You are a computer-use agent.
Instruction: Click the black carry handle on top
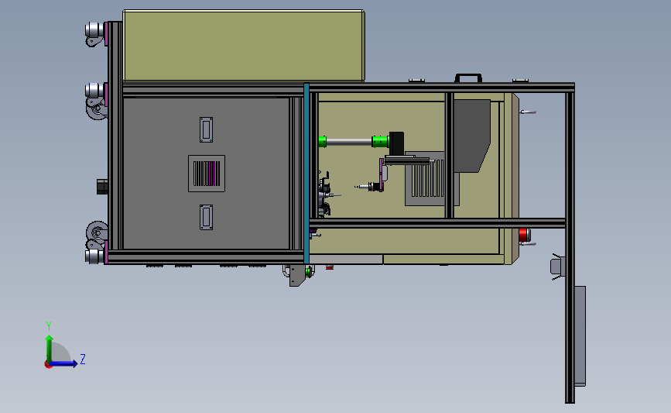click(468, 77)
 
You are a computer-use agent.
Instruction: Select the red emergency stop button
click(524, 235)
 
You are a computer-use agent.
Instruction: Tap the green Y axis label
click(48, 326)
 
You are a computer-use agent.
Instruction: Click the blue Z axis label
click(82, 359)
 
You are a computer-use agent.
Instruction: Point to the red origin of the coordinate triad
click(48, 363)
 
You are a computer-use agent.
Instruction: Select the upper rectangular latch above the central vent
click(207, 130)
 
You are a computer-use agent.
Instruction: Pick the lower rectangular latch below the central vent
click(207, 218)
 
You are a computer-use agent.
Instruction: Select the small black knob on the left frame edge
click(101, 187)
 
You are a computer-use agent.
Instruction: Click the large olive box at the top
click(243, 45)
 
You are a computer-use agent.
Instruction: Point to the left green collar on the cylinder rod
click(323, 141)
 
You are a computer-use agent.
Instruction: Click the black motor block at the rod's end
click(397, 142)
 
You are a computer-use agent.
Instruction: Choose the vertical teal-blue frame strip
click(307, 170)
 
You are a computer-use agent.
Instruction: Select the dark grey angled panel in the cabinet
click(470, 134)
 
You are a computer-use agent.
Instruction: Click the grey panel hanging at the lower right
click(580, 336)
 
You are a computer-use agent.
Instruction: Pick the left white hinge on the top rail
click(416, 79)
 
